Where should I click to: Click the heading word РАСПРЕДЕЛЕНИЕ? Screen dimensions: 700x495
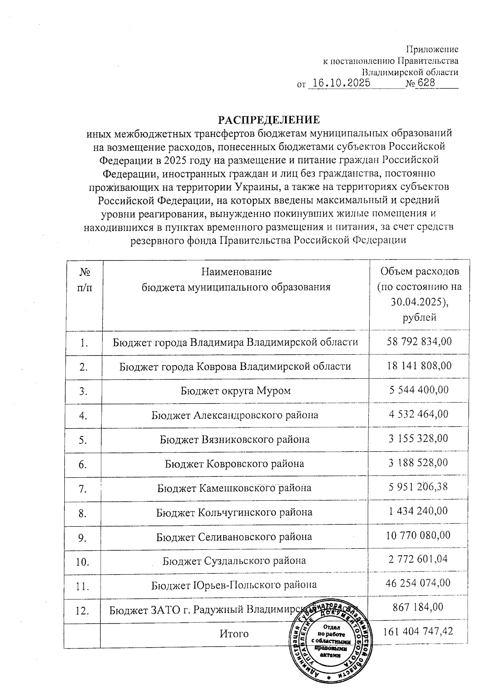pyautogui.click(x=269, y=120)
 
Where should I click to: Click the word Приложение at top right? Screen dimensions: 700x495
pyautogui.click(x=432, y=49)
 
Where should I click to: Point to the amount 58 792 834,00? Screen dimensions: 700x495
pyautogui.click(x=419, y=342)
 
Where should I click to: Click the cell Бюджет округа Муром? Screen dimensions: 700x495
pyautogui.click(x=235, y=390)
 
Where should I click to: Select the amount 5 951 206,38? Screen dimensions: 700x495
pyautogui.click(x=419, y=487)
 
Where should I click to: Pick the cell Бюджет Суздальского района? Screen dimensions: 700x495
pyautogui.click(x=234, y=561)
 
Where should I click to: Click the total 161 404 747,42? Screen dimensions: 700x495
pyautogui.click(x=418, y=632)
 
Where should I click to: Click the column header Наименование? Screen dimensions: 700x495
pyautogui.click(x=236, y=272)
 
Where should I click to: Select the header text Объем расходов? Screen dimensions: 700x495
pyautogui.click(x=420, y=271)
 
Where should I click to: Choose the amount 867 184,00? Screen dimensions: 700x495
pyautogui.click(x=419, y=607)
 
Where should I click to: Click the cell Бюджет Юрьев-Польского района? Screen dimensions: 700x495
pyautogui.click(x=234, y=585)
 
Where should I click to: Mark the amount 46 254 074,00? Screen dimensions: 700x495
pyautogui.click(x=418, y=583)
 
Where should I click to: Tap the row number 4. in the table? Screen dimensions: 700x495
pyautogui.click(x=84, y=416)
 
